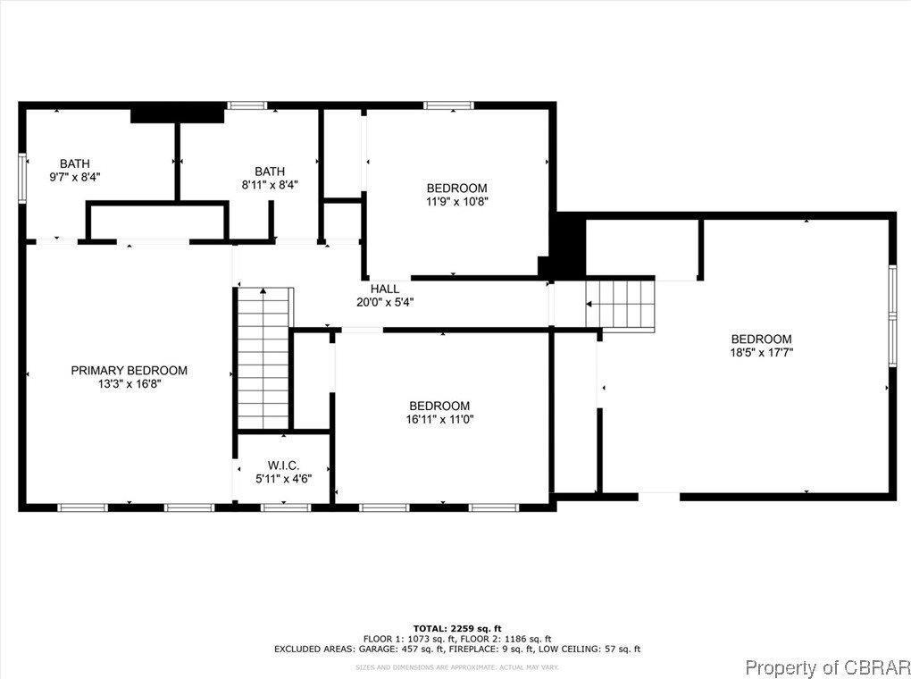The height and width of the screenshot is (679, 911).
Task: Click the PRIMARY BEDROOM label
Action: tap(130, 370)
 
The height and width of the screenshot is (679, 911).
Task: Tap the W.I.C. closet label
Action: tap(283, 465)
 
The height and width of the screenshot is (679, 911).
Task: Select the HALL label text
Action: tap(385, 289)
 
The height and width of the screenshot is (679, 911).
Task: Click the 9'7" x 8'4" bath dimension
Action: tap(75, 177)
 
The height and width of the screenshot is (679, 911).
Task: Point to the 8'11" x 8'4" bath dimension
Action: tap(270, 185)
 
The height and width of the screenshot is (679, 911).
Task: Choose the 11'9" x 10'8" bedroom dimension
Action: tap(456, 201)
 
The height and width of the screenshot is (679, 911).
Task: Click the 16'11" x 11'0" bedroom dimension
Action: tap(439, 419)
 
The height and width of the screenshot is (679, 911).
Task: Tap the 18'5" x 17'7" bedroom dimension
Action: tap(761, 352)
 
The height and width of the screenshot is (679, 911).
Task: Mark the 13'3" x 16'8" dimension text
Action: tap(130, 384)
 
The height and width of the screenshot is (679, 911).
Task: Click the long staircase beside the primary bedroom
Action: tap(264, 358)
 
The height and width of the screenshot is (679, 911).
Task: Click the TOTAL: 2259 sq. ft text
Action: tap(456, 628)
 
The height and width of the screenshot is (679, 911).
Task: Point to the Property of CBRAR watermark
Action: tap(827, 666)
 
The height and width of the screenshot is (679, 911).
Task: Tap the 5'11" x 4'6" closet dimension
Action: tap(283, 479)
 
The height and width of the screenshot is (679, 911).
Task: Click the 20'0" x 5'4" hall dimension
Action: tap(385, 302)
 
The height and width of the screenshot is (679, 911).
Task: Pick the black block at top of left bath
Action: tap(177, 114)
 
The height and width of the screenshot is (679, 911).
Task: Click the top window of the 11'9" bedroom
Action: tap(448, 106)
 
